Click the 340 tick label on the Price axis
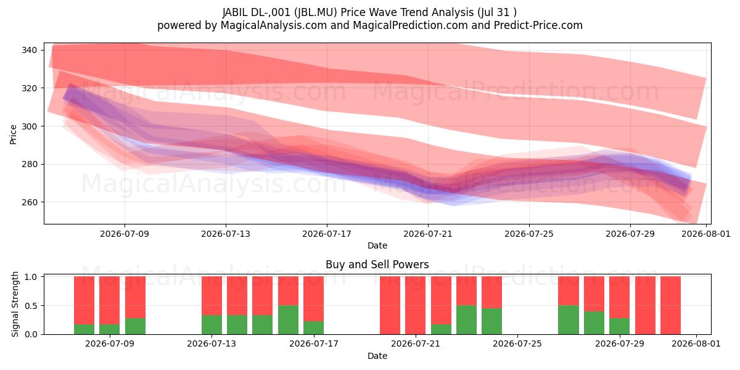pyautogui.click(x=29, y=50)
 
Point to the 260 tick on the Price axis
pyautogui.click(x=29, y=202)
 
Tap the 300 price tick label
pyautogui.click(x=29, y=126)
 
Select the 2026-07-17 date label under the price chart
pyautogui.click(x=327, y=234)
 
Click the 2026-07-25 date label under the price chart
pyautogui.click(x=529, y=234)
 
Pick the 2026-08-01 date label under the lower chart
pyautogui.click(x=696, y=343)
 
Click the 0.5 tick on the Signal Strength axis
pyautogui.click(x=31, y=306)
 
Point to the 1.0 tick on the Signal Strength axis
pyautogui.click(x=31, y=276)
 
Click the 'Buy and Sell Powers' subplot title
pyautogui.click(x=377, y=265)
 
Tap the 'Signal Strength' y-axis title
pyautogui.click(x=15, y=304)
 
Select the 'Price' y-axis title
pyautogui.click(x=13, y=134)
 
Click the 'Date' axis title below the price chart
pyautogui.click(x=377, y=245)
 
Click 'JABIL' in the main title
pyautogui.click(x=235, y=12)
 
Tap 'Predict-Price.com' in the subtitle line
pyautogui.click(x=538, y=25)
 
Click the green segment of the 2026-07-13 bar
pyautogui.click(x=212, y=325)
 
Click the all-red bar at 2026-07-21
pyautogui.click(x=415, y=305)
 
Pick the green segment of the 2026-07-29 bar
pyautogui.click(x=619, y=326)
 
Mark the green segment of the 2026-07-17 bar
pyautogui.click(x=313, y=327)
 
